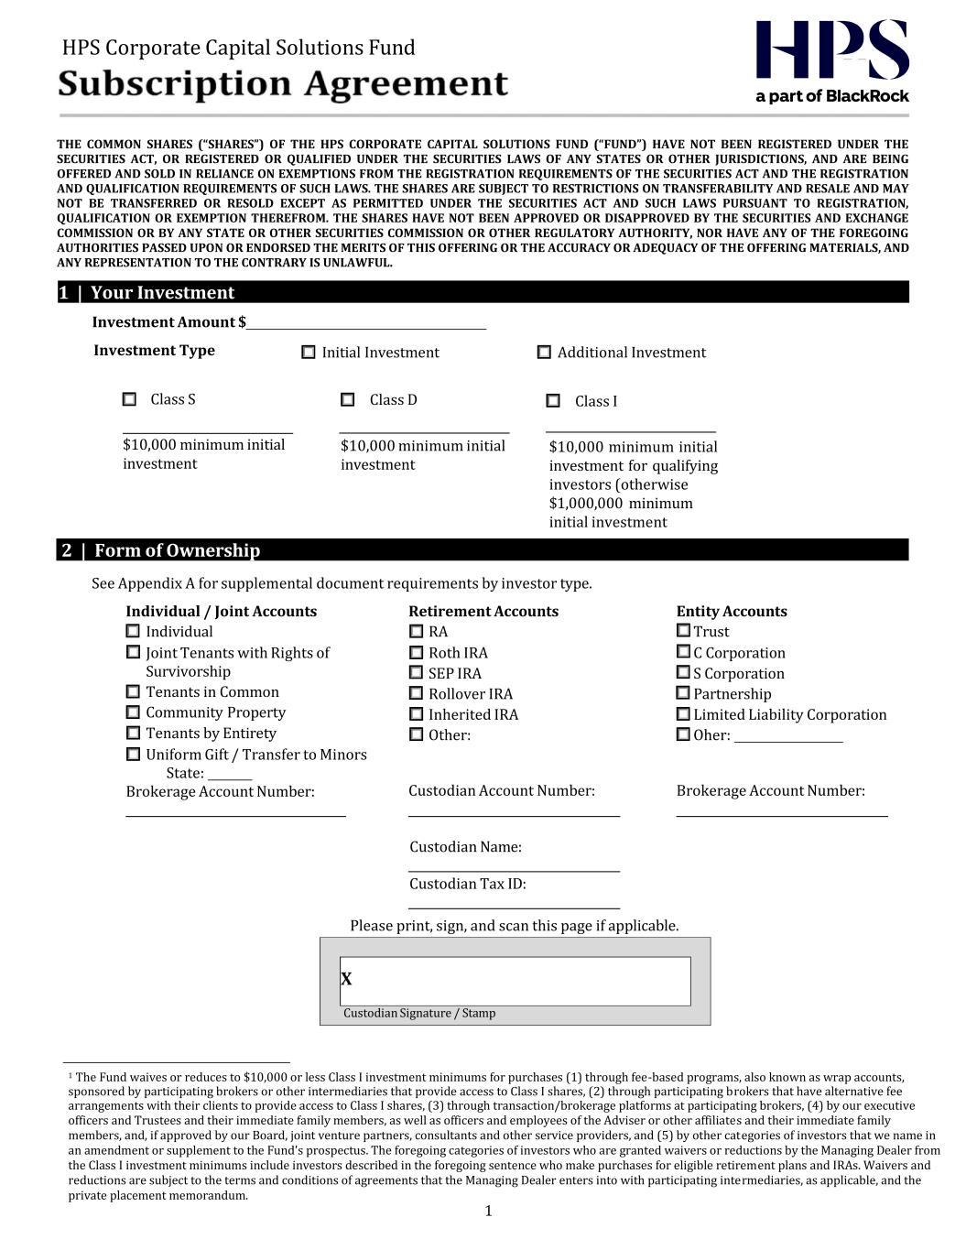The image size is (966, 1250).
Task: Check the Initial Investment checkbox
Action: pos(309,353)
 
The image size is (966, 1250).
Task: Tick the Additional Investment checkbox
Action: pos(544,353)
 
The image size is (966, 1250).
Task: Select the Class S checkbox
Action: pos(129,399)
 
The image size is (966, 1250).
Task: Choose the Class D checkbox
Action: pos(348,400)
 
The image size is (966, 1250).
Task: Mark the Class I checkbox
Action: pos(553,401)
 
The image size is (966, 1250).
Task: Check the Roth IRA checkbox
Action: pos(417,653)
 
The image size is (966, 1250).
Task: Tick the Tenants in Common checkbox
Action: pos(133,692)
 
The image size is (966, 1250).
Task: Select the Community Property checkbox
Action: pos(133,712)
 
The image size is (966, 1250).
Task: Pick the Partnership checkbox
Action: pos(683,693)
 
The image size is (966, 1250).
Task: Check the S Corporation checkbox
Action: pos(683,673)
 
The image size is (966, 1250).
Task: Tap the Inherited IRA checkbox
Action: pos(417,714)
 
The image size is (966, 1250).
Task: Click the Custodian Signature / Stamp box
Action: pos(515,981)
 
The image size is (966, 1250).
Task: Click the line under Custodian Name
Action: pos(514,868)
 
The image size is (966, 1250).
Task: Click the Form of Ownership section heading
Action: pos(177,550)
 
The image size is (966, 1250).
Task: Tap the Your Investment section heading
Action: pos(162,293)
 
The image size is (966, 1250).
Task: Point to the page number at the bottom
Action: pos(488,1212)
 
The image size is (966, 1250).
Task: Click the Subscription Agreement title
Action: pos(283,84)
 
